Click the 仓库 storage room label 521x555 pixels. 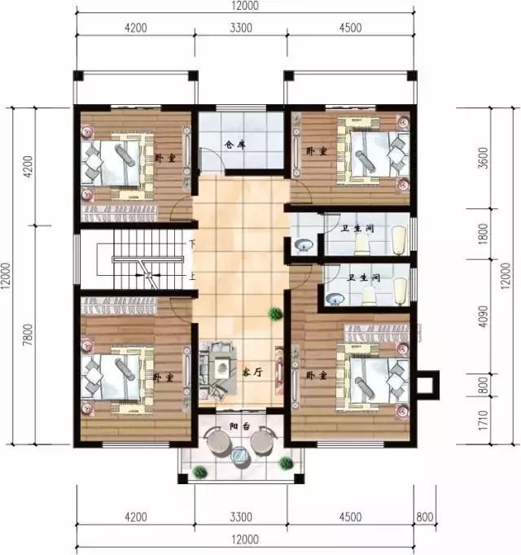pos(235,146)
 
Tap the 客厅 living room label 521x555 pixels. pos(252,371)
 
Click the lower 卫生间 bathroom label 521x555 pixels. pos(363,277)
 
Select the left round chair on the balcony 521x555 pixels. pos(218,442)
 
